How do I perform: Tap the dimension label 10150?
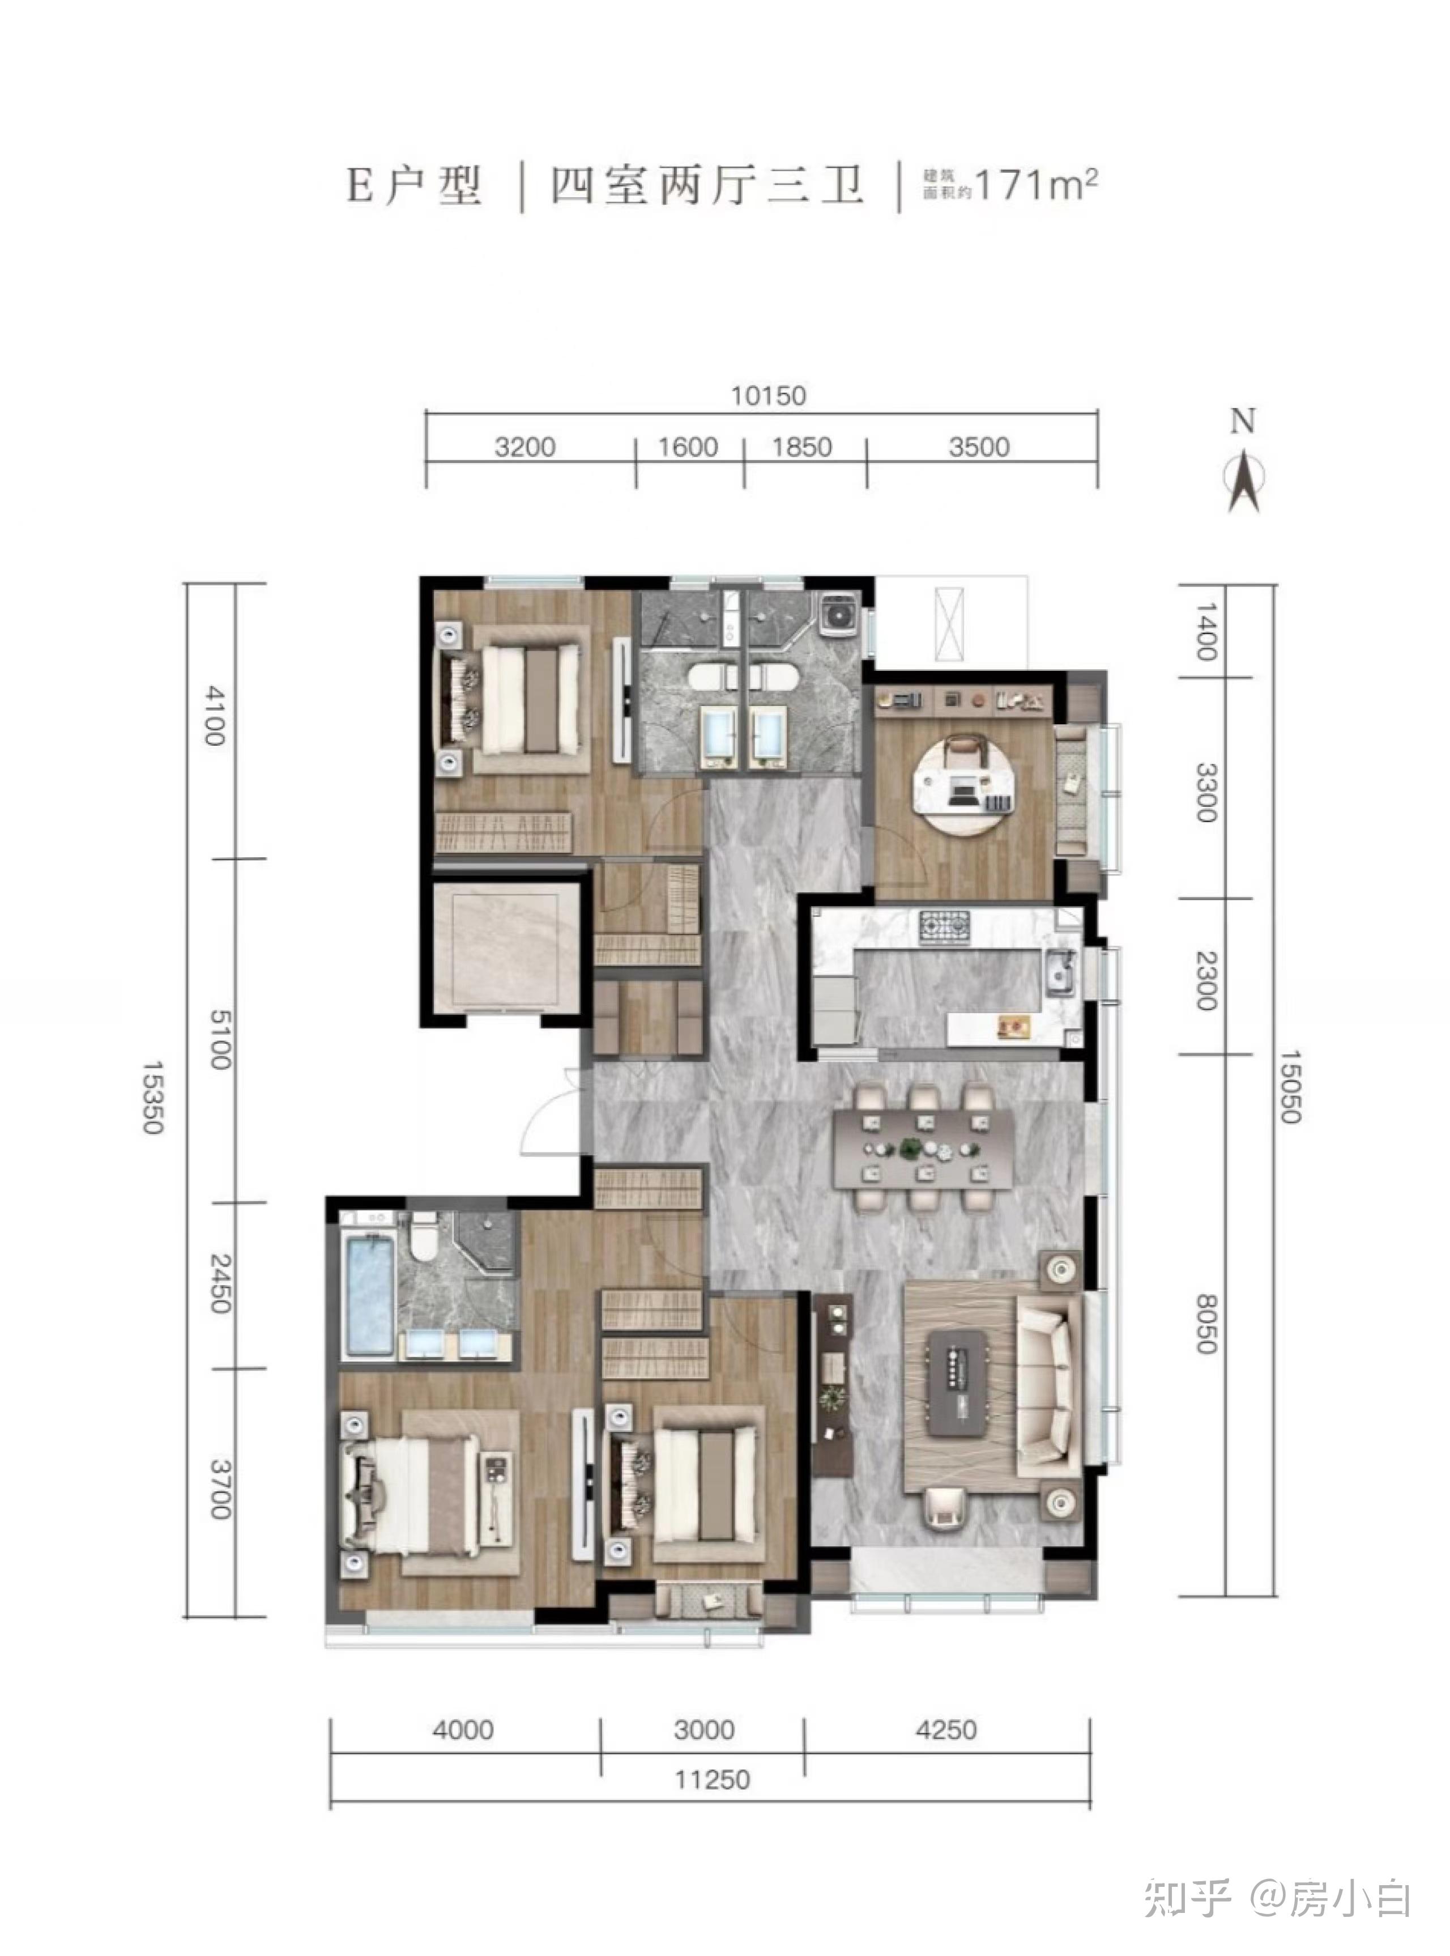click(x=768, y=396)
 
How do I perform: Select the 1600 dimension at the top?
click(x=688, y=448)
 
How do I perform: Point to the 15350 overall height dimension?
click(x=153, y=1098)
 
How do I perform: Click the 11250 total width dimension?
click(x=712, y=1780)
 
